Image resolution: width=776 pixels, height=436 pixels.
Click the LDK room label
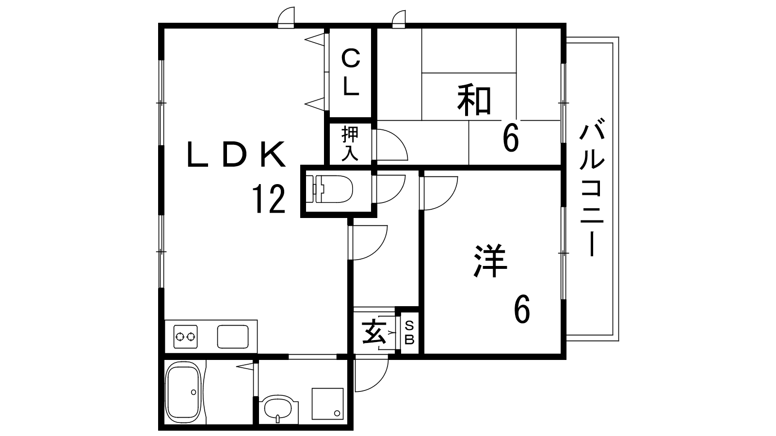point(237,155)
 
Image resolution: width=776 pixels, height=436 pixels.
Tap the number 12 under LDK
point(269,199)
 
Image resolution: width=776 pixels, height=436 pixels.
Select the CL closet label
point(351,72)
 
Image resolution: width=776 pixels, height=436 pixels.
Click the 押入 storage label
point(350,144)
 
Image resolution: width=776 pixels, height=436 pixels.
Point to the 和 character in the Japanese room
point(474,101)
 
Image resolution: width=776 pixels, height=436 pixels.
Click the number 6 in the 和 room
point(511,138)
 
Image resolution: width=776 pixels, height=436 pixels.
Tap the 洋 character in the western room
point(490,261)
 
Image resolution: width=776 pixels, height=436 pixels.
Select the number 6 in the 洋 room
point(522,309)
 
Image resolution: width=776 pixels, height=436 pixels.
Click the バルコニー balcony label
point(592,187)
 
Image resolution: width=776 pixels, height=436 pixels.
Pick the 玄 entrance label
point(374,332)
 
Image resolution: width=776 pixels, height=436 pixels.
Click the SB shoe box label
point(409,332)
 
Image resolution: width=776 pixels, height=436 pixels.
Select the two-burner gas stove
point(186,336)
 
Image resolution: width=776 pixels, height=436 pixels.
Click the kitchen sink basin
point(233,337)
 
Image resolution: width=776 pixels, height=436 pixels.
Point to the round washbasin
point(278,409)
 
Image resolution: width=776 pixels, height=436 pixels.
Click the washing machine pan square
point(328,404)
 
